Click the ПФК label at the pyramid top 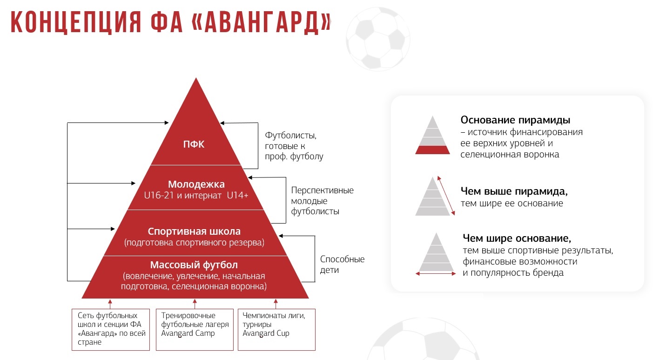click(194, 144)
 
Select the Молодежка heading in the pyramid click(196, 184)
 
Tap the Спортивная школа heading click(194, 231)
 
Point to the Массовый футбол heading click(194, 265)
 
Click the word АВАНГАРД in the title click(262, 22)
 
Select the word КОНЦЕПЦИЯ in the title click(76, 22)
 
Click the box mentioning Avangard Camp click(195, 330)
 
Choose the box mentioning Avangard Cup click(276, 330)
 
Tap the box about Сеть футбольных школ click(111, 330)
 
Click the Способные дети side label click(342, 265)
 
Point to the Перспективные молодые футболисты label click(322, 201)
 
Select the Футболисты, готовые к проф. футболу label click(294, 146)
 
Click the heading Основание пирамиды click(515, 120)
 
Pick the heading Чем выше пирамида click(514, 191)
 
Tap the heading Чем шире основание click(517, 238)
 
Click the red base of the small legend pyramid click(432, 150)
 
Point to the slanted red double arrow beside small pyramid click(446, 196)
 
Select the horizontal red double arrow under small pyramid click(436, 274)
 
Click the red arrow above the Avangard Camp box click(195, 304)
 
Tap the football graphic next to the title click(378, 39)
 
